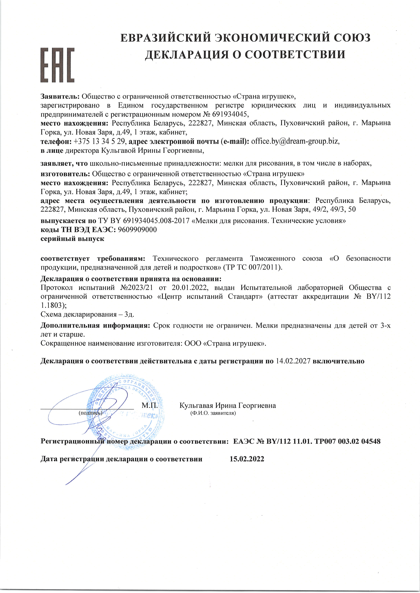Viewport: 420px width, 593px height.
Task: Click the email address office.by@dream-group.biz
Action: [295, 141]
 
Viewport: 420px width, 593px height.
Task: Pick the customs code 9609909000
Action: [137, 230]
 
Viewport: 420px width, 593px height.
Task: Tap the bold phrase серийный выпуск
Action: [72, 239]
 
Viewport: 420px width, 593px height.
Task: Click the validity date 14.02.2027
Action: [293, 361]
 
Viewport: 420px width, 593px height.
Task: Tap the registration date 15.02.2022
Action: [247, 459]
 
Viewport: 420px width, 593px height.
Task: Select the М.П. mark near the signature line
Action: [150, 405]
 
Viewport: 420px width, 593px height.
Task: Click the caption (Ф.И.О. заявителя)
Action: [213, 413]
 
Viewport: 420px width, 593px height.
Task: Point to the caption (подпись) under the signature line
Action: [90, 413]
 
